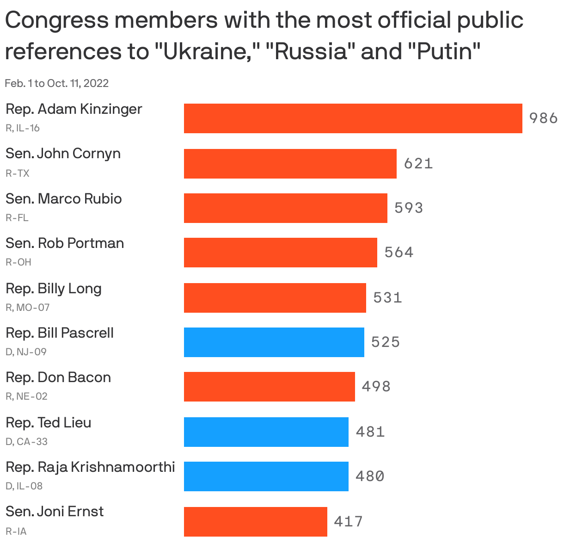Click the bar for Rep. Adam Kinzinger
tap(353, 118)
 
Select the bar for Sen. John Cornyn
tap(290, 163)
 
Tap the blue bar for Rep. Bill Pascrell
tap(274, 342)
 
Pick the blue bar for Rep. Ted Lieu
tap(266, 432)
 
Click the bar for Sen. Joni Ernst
tap(255, 521)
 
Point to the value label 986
tap(543, 118)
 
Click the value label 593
tap(409, 208)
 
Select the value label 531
tap(387, 297)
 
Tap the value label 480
tap(370, 476)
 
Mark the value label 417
tap(349, 521)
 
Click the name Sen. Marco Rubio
tap(64, 198)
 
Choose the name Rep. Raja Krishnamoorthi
tap(90, 467)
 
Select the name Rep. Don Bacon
tap(58, 377)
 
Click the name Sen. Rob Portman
tap(65, 243)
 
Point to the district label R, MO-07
tap(27, 307)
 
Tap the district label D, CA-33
tap(26, 441)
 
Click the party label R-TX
tap(18, 173)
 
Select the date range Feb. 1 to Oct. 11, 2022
tap(56, 83)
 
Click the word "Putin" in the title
tap(444, 51)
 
